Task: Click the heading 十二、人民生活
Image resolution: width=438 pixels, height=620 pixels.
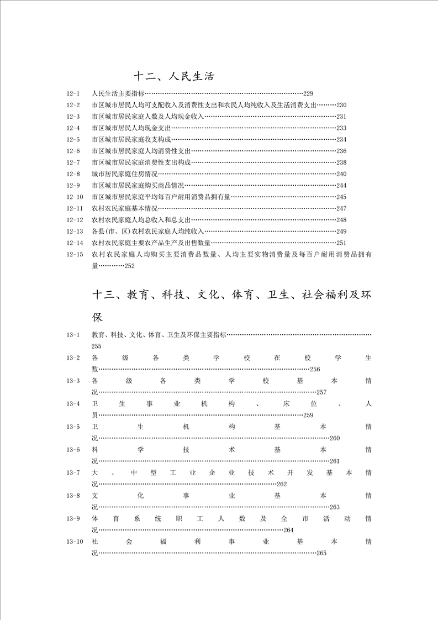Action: click(x=174, y=76)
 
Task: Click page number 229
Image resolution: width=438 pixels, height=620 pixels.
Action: click(x=308, y=93)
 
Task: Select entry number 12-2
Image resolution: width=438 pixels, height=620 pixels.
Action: click(x=73, y=105)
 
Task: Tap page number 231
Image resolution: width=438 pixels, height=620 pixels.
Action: click(x=341, y=117)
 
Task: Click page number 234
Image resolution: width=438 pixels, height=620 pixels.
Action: click(x=341, y=139)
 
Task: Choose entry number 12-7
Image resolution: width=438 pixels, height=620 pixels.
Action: click(x=73, y=162)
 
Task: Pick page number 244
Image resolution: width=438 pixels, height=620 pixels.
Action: click(x=341, y=185)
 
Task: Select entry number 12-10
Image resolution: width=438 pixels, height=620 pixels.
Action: click(x=75, y=197)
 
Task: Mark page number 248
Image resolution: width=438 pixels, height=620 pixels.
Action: click(x=341, y=220)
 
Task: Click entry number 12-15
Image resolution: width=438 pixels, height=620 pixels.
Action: click(x=75, y=254)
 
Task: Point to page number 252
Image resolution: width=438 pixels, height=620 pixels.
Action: click(x=130, y=266)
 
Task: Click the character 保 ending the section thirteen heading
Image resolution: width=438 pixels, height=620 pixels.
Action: click(x=98, y=318)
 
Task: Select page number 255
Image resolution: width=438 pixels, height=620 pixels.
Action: click(x=97, y=346)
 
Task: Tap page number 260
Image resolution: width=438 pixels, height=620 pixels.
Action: click(x=335, y=438)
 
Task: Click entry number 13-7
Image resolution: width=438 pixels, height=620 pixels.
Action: click(x=73, y=473)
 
